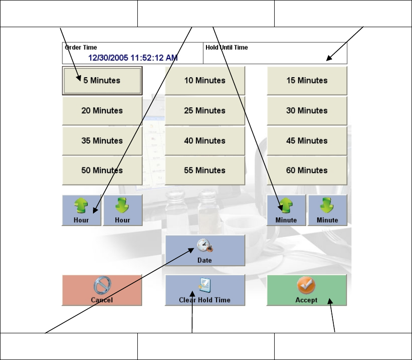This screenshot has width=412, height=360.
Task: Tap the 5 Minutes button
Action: pyautogui.click(x=102, y=81)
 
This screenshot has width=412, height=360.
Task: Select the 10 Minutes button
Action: pyautogui.click(x=205, y=81)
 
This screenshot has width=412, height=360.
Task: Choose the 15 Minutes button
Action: pyautogui.click(x=307, y=81)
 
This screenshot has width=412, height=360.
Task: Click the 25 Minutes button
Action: pyautogui.click(x=205, y=111)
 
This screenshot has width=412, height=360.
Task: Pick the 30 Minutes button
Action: pyautogui.click(x=307, y=111)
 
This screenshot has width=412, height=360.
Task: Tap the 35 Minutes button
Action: pyautogui.click(x=102, y=141)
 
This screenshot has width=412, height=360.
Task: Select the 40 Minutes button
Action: pyautogui.click(x=205, y=141)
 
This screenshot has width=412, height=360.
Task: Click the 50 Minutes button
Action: pyautogui.click(x=102, y=170)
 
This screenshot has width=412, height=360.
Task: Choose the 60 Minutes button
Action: pyautogui.click(x=307, y=170)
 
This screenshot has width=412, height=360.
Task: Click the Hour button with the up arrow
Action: pyautogui.click(x=82, y=210)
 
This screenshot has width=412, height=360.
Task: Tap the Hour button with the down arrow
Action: pyautogui.click(x=123, y=210)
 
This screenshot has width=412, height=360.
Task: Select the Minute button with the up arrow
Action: pyautogui.click(x=286, y=210)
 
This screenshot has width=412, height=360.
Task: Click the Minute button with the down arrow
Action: pyautogui.click(x=327, y=210)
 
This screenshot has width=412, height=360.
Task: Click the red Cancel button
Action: pyautogui.click(x=102, y=290)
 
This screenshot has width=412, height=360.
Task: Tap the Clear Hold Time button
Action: pyautogui.click(x=205, y=290)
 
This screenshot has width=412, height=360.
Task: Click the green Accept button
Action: pyautogui.click(x=307, y=290)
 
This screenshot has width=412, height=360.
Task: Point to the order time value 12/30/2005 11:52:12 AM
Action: pyautogui.click(x=133, y=58)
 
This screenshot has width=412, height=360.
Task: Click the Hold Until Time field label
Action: pyautogui.click(x=227, y=48)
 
